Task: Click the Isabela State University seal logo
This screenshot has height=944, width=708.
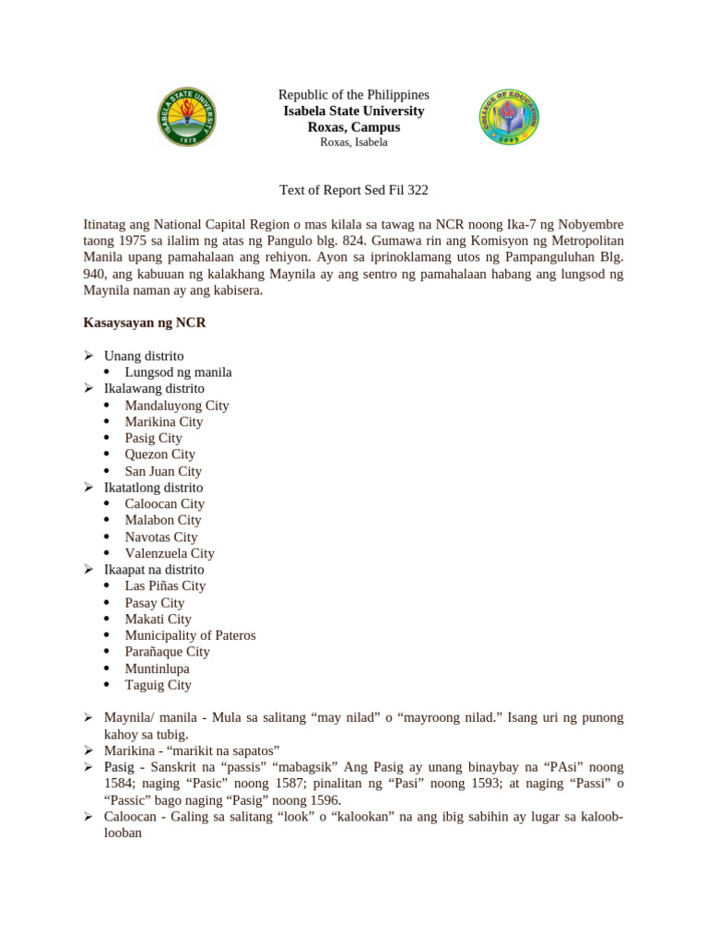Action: click(187, 116)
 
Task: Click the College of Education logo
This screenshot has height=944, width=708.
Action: click(509, 116)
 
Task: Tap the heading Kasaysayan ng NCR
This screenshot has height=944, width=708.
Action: click(144, 323)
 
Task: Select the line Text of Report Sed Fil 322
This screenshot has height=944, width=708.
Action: click(354, 191)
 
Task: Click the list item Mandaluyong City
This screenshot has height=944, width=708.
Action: click(177, 405)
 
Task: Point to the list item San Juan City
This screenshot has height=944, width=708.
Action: click(163, 471)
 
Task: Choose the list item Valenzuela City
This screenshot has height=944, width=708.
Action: click(170, 553)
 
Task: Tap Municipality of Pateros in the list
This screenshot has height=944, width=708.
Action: click(191, 635)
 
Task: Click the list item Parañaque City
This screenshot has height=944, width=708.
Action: click(168, 652)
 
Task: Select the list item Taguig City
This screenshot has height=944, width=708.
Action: click(159, 685)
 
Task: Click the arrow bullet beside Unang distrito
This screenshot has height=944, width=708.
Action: click(88, 356)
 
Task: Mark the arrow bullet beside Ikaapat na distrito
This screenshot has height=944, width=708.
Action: click(88, 570)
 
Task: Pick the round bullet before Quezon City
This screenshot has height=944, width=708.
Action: click(107, 454)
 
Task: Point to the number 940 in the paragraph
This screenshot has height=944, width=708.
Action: click(96, 274)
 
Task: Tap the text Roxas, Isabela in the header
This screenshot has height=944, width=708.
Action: click(354, 143)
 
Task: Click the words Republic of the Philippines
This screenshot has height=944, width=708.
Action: click(354, 95)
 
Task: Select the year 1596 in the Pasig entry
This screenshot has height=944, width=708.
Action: click(324, 800)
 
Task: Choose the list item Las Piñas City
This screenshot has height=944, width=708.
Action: click(165, 586)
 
